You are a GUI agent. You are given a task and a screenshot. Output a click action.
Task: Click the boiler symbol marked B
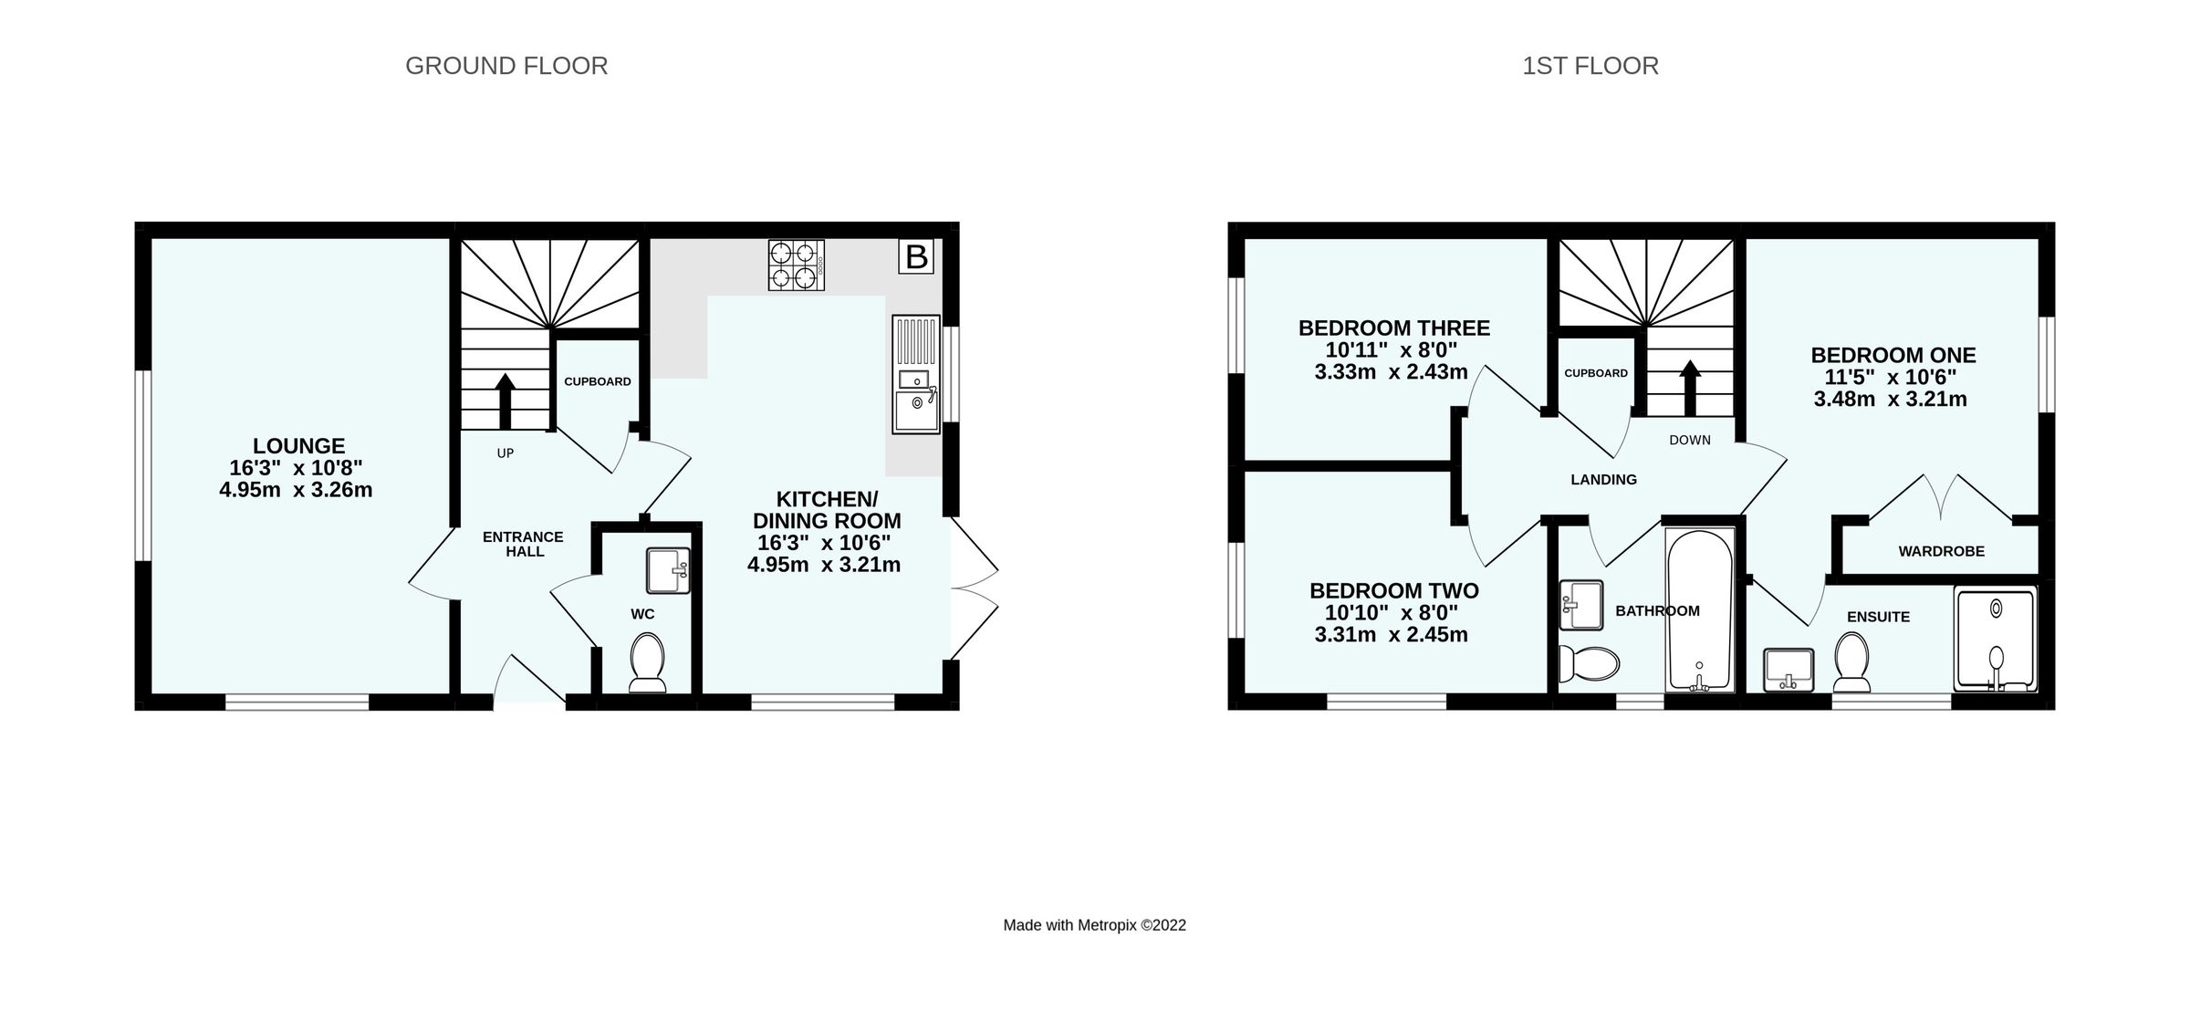[x=915, y=256]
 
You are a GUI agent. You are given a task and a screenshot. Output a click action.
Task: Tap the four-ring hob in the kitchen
[x=796, y=265]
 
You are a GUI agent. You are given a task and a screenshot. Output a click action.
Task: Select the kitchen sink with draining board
[x=916, y=374]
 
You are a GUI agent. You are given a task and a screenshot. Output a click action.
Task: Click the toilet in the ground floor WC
[x=647, y=662]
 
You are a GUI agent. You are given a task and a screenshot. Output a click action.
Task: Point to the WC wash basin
[x=668, y=571]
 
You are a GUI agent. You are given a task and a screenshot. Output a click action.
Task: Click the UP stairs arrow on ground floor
[x=505, y=400]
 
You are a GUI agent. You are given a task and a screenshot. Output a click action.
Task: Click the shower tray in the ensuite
[x=1996, y=640]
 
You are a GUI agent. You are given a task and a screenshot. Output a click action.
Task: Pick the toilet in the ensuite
[x=1851, y=663]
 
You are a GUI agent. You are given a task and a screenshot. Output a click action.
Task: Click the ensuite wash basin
[x=1788, y=670]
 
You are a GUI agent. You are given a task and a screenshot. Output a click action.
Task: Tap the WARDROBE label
[x=1941, y=551]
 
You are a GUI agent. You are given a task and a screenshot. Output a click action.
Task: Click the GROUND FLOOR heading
[x=506, y=66]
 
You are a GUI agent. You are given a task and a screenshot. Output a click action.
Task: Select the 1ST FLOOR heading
[x=1590, y=66]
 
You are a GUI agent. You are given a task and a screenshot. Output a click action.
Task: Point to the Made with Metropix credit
[x=1094, y=925]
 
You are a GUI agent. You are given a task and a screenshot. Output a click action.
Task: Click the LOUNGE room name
[x=298, y=446]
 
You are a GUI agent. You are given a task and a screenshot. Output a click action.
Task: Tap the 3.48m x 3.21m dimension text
[x=1890, y=399]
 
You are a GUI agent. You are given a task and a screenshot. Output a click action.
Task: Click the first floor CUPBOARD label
[x=1595, y=373]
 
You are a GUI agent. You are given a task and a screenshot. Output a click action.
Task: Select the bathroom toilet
[x=1588, y=663]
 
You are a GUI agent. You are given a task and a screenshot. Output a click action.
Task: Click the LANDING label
[x=1603, y=480]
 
